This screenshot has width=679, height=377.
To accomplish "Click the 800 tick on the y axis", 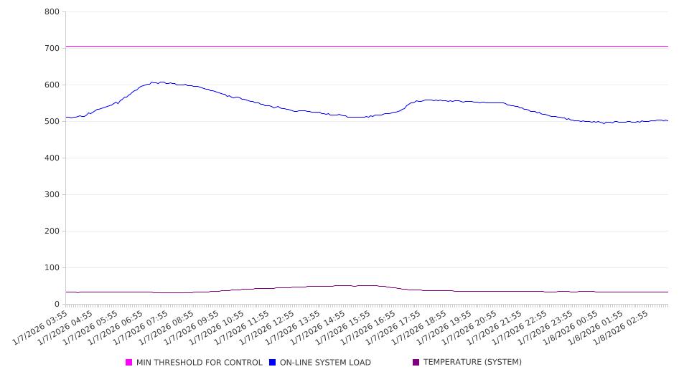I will (x=52, y=11).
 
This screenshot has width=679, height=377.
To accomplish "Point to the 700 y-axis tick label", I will (x=52, y=48).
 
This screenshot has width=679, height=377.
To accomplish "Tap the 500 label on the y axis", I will (x=52, y=121).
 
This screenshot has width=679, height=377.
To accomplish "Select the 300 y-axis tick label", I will (x=52, y=194).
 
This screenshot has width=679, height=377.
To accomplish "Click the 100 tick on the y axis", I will (x=52, y=267).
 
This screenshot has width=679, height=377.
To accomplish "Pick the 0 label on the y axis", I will (x=56, y=304).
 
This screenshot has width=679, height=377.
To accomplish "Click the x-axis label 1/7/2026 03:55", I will (x=42, y=327).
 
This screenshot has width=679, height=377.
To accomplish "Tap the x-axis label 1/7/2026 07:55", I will (x=142, y=327).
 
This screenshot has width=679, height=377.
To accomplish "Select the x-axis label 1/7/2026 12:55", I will (x=268, y=327).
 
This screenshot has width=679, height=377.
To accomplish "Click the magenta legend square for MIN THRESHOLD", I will (x=129, y=363).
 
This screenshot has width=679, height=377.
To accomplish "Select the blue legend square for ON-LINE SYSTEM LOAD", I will (x=273, y=363).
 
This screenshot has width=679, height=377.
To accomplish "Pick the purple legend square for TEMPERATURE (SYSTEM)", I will (x=416, y=363).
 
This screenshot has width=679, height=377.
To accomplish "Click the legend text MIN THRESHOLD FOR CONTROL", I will (x=199, y=363).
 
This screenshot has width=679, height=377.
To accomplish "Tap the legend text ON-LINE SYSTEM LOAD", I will (x=325, y=363).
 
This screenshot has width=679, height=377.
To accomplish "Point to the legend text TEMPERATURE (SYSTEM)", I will (x=472, y=363).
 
